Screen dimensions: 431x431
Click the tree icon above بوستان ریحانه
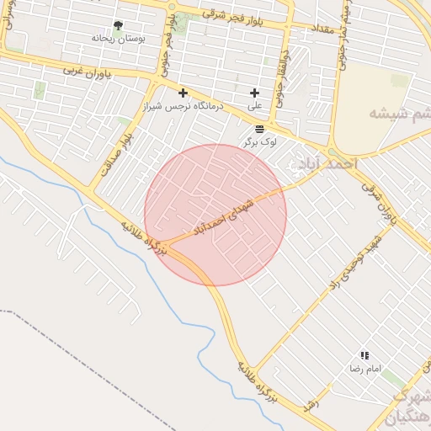pos(117,26)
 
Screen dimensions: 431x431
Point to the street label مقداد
pos(325,29)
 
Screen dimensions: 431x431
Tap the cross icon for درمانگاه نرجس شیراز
pos(183,93)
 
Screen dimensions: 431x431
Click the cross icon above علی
pos(254,93)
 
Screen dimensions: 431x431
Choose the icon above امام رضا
pos(364,356)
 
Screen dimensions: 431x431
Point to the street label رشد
pos(314,403)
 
